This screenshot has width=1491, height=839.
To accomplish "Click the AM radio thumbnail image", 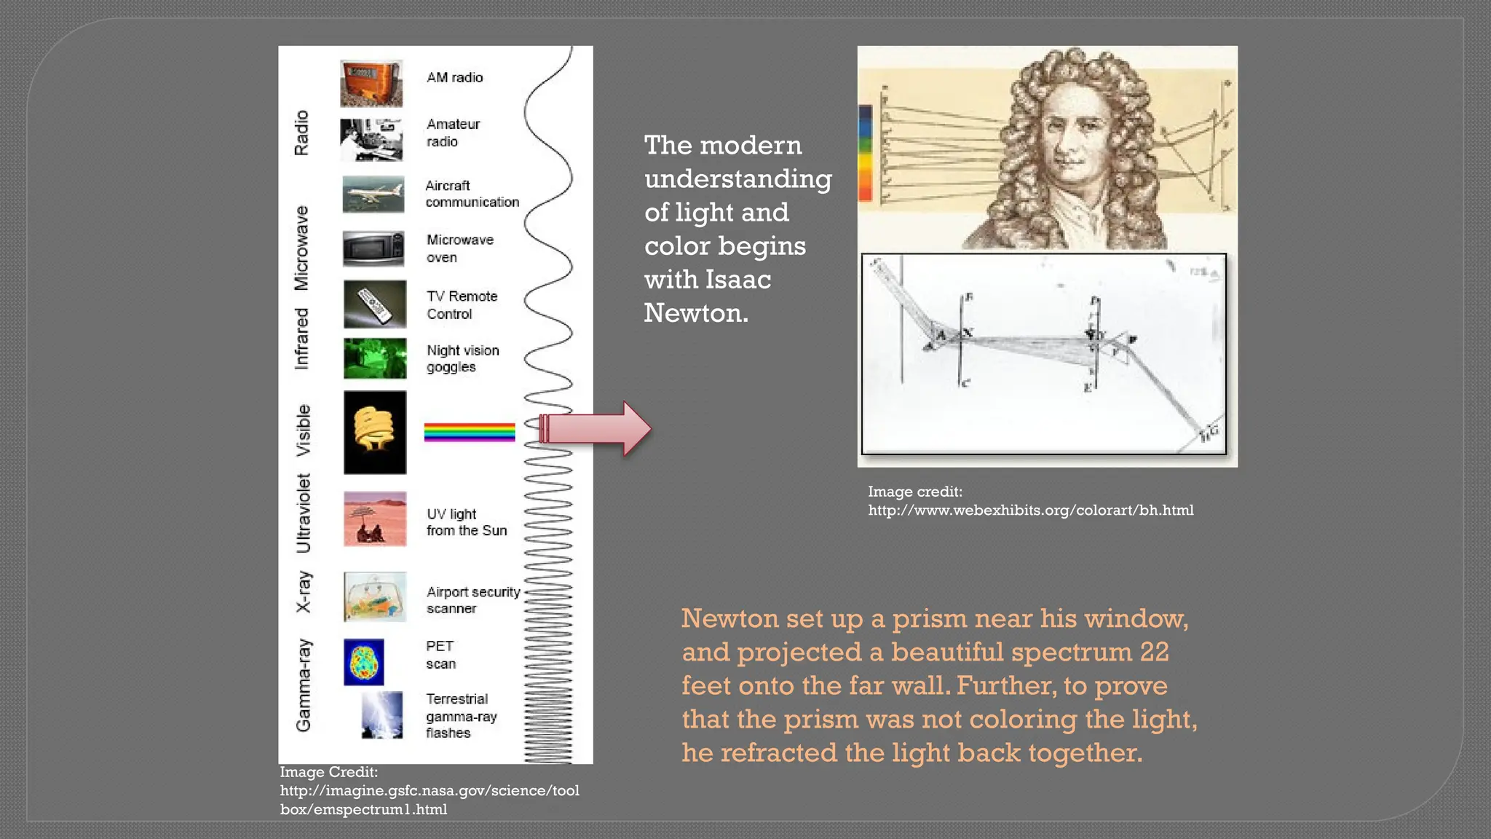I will coord(371,84).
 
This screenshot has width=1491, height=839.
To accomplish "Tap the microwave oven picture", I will coord(373,249).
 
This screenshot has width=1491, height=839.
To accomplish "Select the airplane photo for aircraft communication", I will coord(373,194).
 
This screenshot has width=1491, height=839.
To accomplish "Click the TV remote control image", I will coord(375,304).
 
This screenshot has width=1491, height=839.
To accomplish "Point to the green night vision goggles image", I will coord(375,358).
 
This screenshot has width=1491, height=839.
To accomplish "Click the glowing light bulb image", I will coord(375,433).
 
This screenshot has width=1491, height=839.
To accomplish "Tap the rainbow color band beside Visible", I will coord(470,433).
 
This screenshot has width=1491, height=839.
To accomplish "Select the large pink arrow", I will coord(597,429).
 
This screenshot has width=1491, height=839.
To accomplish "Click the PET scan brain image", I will coord(364,662).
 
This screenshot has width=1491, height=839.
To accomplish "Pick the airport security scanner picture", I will coord(375,597).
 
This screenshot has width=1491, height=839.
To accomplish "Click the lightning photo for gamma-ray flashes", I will coord(382,715).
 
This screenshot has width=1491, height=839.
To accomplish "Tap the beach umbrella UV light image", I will coord(375,519).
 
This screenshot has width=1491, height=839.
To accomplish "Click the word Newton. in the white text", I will coord(696,313).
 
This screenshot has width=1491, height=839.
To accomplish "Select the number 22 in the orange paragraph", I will coord(1154,652).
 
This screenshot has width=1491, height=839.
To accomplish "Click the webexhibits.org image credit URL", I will coord(1030,511).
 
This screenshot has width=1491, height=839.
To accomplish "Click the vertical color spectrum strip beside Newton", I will coord(866,153).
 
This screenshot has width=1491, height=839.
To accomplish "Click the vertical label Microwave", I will coord(301,248).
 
